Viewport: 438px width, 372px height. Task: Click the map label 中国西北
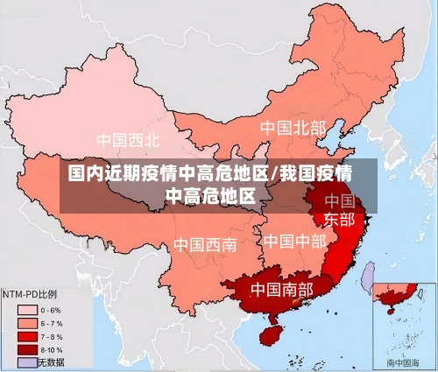(x=128, y=139)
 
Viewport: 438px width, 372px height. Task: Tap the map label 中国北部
(x=293, y=128)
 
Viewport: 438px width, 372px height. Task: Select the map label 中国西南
(x=204, y=244)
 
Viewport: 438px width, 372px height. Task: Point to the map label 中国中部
(x=294, y=241)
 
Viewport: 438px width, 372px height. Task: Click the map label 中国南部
(x=282, y=288)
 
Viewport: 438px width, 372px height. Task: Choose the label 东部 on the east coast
(x=340, y=219)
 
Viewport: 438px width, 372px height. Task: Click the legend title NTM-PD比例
(x=30, y=295)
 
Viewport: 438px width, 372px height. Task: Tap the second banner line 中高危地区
(x=216, y=194)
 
